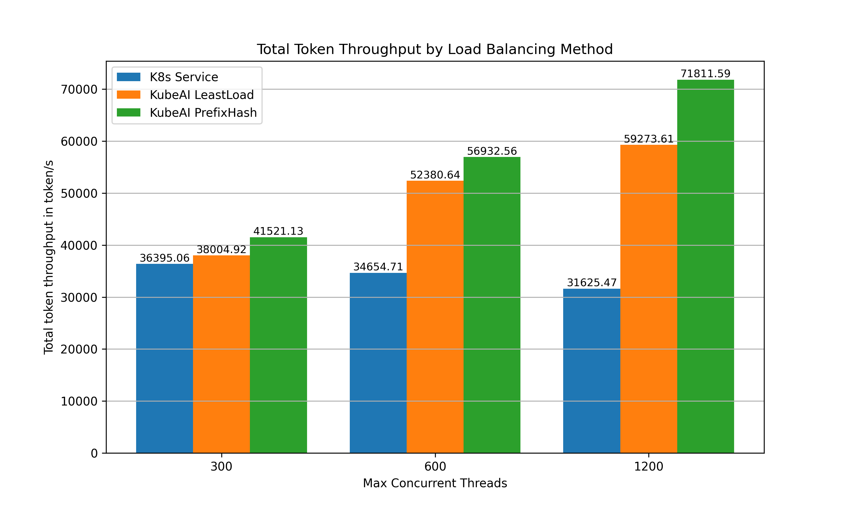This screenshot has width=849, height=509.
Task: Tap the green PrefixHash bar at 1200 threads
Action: (x=705, y=266)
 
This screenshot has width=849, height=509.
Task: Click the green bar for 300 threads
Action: (x=278, y=345)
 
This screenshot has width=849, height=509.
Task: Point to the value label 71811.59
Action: (x=705, y=74)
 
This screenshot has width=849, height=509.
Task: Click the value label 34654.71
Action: (x=378, y=267)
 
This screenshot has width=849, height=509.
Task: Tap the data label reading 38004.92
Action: (x=221, y=249)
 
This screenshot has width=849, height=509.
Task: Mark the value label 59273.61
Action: (x=649, y=139)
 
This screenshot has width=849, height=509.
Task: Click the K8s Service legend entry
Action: (x=184, y=77)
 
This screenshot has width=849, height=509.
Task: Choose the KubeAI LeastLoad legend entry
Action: (x=201, y=95)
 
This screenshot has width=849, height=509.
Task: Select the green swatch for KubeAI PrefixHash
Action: (x=128, y=113)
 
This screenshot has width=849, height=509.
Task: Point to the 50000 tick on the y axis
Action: (x=79, y=193)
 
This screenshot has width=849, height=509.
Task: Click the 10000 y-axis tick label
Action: (x=79, y=401)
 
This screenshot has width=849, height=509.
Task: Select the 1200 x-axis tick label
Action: (x=649, y=467)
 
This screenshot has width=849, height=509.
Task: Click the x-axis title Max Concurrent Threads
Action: (x=435, y=483)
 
